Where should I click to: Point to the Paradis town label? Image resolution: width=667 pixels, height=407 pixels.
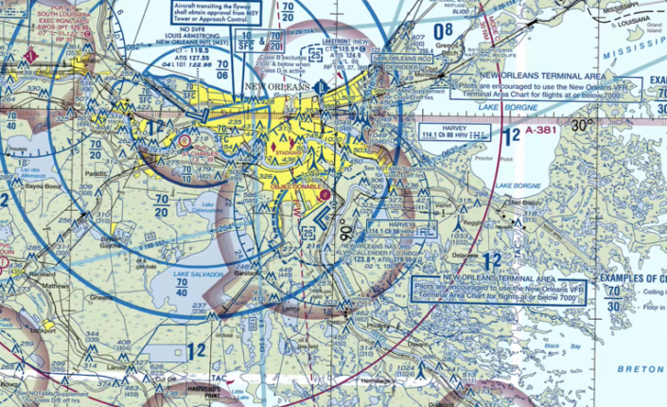pyautogui.click(x=93, y=173)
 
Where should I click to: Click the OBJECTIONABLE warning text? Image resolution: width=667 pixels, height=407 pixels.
pyautogui.click(x=297, y=188)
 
